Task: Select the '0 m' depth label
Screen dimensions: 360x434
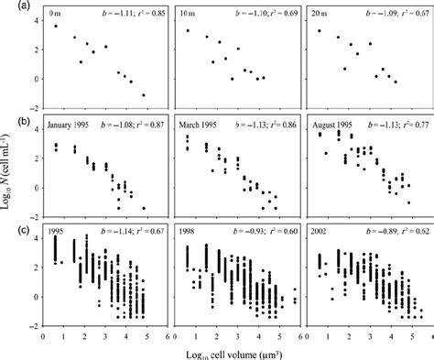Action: [60, 16]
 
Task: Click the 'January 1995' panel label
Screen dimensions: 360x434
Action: [77, 126]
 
